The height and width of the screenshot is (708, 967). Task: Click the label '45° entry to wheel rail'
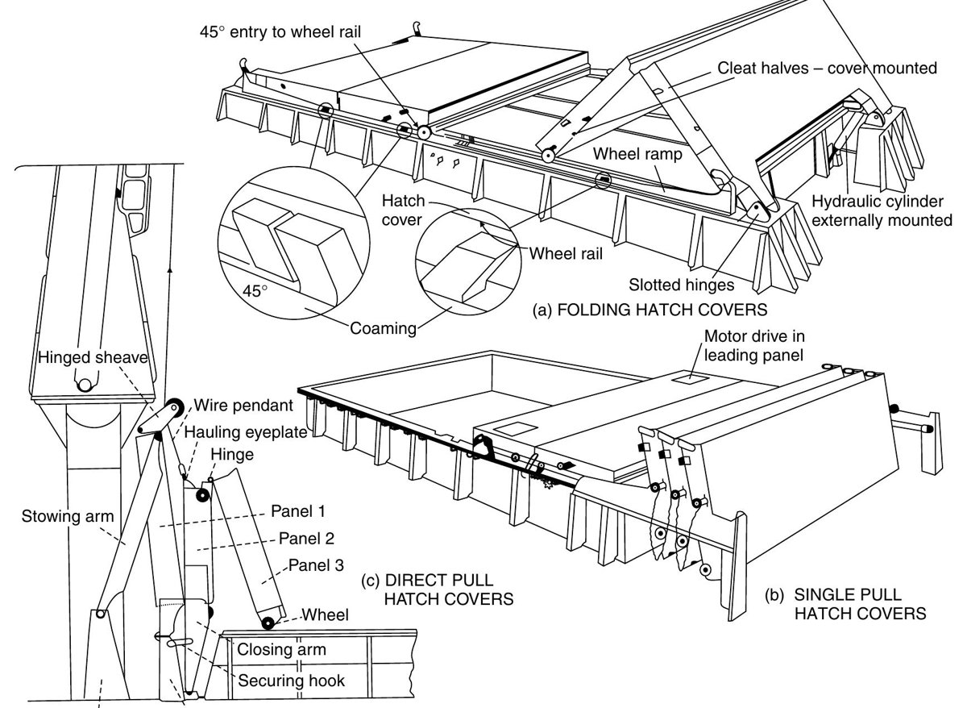tap(280, 32)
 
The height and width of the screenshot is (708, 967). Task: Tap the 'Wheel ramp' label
tap(637, 154)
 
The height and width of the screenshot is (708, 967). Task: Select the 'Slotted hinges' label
tap(681, 285)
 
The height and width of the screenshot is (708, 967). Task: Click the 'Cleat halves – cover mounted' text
tap(827, 69)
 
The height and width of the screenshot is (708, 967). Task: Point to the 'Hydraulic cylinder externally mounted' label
tap(882, 210)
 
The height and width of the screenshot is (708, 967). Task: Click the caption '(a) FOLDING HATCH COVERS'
tap(650, 310)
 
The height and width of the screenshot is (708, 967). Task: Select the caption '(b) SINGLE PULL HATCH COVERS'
tap(845, 604)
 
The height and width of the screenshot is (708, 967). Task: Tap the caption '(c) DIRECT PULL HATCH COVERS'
tap(438, 589)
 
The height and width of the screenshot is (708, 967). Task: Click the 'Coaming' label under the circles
tap(383, 328)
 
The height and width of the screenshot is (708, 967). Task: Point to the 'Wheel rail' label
tap(566, 253)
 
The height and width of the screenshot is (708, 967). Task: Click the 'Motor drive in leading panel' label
tap(754, 346)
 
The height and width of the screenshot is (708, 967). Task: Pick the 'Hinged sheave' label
tap(93, 358)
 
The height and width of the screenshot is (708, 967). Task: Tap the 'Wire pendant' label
tap(243, 405)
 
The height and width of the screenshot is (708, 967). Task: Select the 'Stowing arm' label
tap(68, 516)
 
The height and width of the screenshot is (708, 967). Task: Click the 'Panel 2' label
tap(306, 538)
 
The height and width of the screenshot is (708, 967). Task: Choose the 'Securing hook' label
tap(292, 681)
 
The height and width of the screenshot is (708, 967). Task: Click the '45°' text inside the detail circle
tap(255, 291)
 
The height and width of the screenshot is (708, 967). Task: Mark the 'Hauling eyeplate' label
tap(246, 432)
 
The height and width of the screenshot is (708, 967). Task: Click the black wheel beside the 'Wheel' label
tap(268, 624)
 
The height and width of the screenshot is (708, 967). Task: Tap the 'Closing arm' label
tap(281, 649)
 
